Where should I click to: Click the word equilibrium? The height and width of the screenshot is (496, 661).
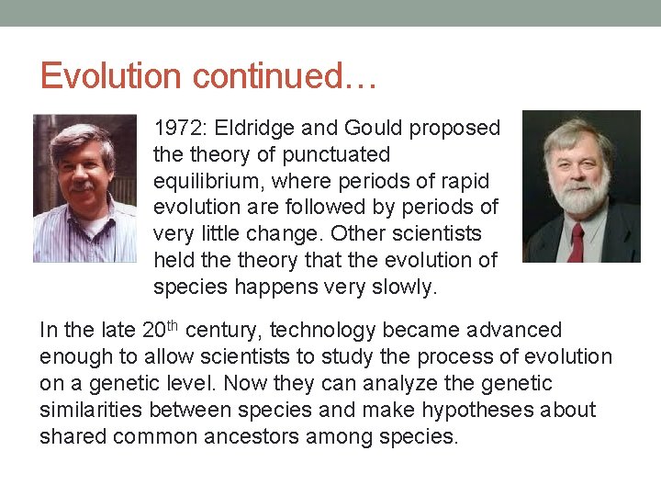(203, 181)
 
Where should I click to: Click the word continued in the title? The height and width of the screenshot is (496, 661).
(265, 75)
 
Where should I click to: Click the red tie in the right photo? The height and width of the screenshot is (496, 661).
(577, 241)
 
